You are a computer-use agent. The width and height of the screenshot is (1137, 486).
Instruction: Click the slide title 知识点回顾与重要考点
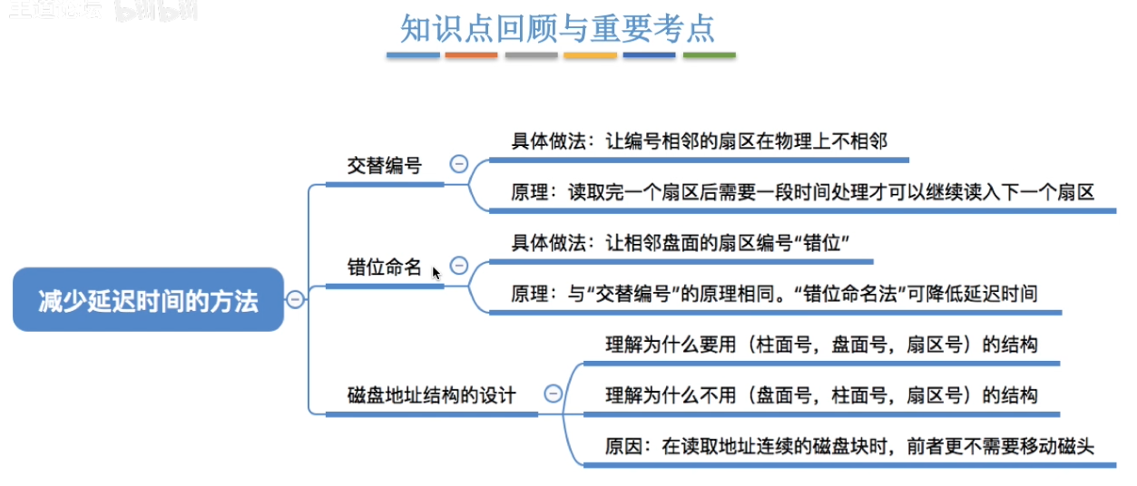557,28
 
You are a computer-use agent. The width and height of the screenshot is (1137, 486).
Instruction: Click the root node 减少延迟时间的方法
148,300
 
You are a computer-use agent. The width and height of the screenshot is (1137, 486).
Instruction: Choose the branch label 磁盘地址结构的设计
431,395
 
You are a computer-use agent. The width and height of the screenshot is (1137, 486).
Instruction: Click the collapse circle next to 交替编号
459,164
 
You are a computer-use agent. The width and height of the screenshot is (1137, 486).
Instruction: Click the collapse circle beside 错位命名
459,266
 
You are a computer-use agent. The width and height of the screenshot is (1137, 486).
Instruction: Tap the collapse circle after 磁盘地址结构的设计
553,394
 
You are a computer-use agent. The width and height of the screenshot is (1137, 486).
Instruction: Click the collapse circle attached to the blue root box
295,300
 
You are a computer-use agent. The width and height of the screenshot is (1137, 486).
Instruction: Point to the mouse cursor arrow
436,272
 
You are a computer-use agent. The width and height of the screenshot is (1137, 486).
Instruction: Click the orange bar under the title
472,56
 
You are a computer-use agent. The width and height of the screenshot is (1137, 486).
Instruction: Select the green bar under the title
709,56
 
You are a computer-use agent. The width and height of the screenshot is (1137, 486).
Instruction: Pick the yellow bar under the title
590,56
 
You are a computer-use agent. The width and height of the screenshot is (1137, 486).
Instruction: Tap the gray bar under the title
531,56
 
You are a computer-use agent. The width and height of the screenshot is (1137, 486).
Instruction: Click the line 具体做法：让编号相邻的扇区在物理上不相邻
699,141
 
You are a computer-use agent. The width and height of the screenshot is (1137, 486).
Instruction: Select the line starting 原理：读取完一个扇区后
802,192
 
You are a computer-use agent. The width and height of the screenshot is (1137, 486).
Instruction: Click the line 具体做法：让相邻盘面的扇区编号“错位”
685,243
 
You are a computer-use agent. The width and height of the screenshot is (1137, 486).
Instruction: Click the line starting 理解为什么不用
821,395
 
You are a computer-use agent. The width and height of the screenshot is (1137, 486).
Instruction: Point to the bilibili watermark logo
155,11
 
